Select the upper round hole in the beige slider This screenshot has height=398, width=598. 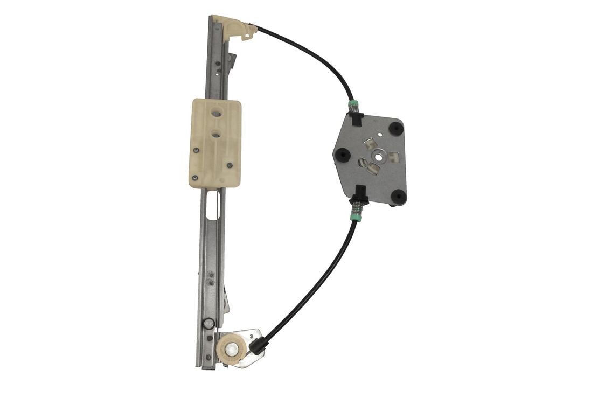click(x=216, y=114)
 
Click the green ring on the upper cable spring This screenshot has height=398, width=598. click(x=353, y=103)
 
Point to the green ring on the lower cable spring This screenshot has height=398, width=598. click(x=355, y=217)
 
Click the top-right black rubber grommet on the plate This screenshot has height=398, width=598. click(x=396, y=128)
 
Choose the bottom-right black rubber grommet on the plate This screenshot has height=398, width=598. click(x=398, y=197)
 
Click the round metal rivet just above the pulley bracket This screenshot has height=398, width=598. click(x=208, y=323)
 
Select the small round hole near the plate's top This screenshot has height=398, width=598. click(x=380, y=134)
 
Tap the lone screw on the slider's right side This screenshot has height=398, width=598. click(x=230, y=165)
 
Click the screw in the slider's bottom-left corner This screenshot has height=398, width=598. click(x=195, y=177)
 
